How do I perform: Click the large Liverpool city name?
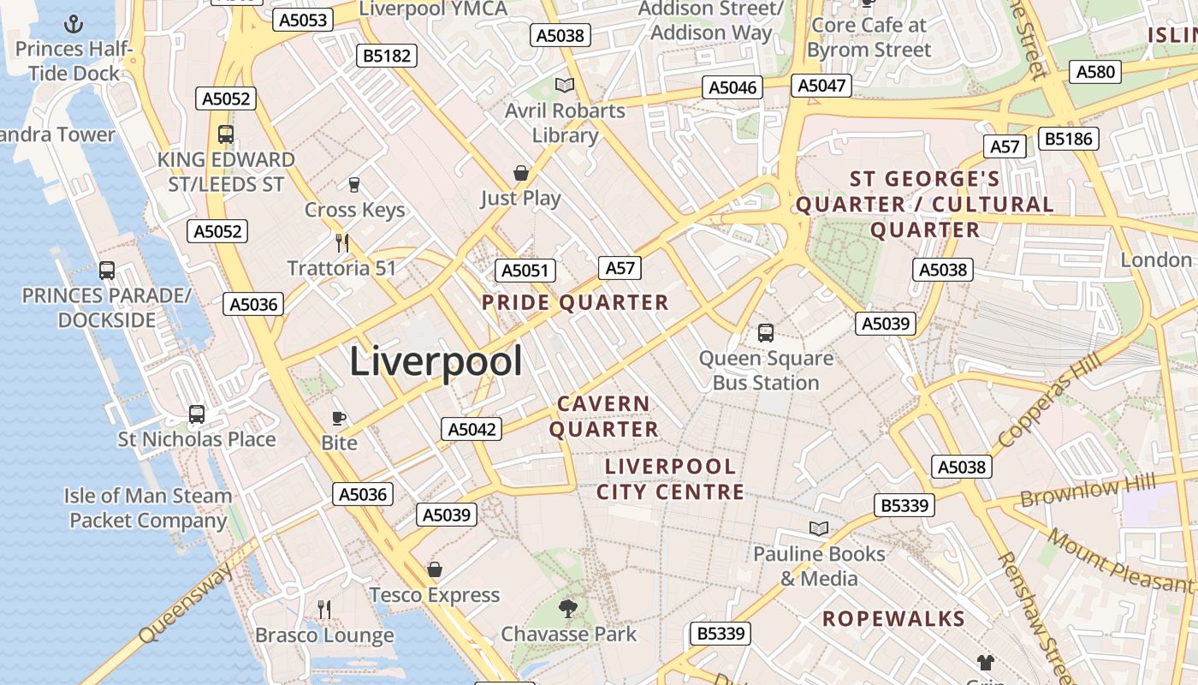tap(436, 361)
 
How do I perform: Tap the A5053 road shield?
tap(303, 20)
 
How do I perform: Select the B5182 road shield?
tap(387, 56)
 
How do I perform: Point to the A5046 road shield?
tap(733, 87)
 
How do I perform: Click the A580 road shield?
tap(1095, 71)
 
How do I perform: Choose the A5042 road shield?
tap(471, 429)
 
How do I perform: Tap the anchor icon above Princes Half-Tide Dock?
tap(74, 23)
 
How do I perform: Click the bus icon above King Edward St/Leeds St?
tap(226, 134)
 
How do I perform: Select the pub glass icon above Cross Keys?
tap(353, 184)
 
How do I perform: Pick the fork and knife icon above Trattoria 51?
tap(342, 242)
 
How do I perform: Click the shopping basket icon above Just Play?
tap(520, 173)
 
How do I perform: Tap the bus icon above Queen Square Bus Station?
tap(766, 332)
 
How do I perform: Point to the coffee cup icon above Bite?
tap(339, 418)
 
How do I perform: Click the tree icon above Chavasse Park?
tap(567, 608)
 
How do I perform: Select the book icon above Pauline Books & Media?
tap(819, 528)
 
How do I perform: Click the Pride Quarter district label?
tap(575, 302)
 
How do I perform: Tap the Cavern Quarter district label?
tap(604, 416)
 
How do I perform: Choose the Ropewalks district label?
tap(893, 619)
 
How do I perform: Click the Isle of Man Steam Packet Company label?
tap(148, 508)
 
